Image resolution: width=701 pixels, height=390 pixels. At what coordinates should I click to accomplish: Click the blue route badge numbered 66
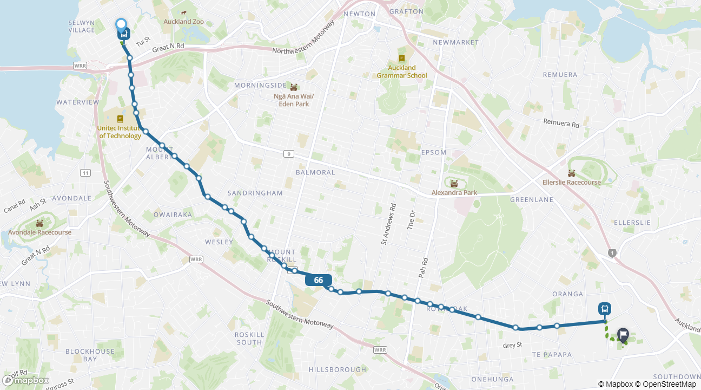click(318, 280)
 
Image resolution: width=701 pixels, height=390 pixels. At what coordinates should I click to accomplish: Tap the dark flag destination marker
click(623, 335)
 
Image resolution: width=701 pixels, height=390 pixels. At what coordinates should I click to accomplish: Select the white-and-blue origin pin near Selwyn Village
click(121, 25)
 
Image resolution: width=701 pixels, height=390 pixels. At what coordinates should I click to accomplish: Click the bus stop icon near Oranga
click(605, 309)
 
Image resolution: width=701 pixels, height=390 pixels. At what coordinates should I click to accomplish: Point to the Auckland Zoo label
click(184, 22)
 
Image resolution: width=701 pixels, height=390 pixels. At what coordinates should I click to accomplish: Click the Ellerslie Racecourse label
click(571, 182)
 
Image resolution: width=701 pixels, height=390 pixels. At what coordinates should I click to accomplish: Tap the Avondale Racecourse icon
click(39, 223)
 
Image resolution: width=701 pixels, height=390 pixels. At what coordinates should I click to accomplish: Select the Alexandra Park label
click(454, 192)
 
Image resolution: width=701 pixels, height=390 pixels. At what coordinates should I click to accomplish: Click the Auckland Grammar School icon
click(401, 58)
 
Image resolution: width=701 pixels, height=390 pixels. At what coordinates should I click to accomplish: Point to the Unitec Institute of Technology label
click(120, 132)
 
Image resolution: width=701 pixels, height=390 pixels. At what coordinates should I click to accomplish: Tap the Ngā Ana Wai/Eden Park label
click(294, 100)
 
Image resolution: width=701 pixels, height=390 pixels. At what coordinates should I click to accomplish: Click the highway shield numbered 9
click(289, 154)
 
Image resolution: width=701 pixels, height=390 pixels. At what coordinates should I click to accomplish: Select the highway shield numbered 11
click(85, 173)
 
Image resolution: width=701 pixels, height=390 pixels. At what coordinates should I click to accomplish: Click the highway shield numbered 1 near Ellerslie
click(612, 253)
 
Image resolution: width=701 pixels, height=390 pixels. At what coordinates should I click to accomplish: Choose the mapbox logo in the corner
click(25, 380)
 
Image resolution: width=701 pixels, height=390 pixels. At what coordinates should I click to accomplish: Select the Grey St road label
click(512, 344)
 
